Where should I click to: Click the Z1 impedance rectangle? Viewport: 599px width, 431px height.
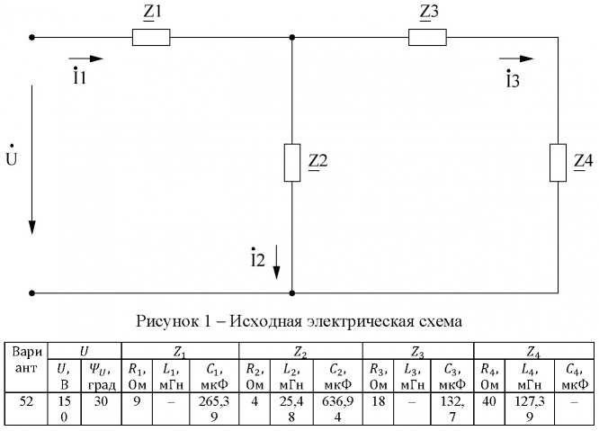(x=150, y=38)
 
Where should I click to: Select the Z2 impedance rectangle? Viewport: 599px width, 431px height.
(x=292, y=162)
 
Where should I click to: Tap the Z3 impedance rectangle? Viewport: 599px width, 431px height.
(x=428, y=38)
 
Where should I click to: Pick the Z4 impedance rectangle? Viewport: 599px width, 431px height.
(x=558, y=162)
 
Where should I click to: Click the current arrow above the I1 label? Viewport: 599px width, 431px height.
(x=86, y=58)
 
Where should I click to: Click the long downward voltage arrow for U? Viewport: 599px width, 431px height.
(x=33, y=158)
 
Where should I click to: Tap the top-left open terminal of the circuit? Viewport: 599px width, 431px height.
(x=32, y=38)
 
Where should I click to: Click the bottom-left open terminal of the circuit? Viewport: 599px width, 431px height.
(x=32, y=292)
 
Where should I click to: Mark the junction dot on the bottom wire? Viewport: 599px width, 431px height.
(x=292, y=292)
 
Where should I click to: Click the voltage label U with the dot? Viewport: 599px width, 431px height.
(x=12, y=159)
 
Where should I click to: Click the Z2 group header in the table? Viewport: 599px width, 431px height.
(x=296, y=348)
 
